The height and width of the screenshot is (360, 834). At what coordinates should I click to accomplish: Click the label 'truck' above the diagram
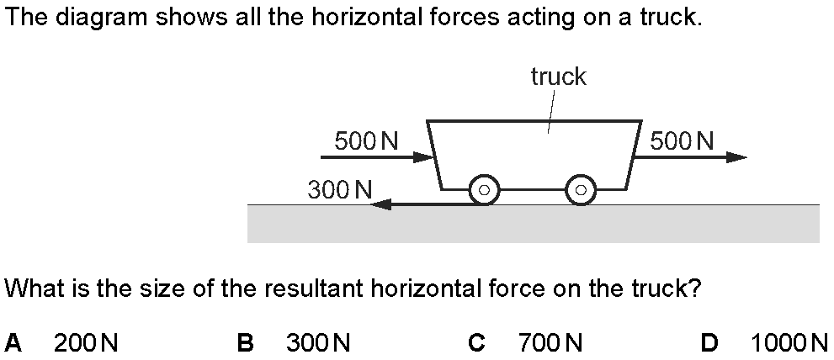click(558, 77)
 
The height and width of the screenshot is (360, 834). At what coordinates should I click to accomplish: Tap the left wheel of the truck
click(484, 190)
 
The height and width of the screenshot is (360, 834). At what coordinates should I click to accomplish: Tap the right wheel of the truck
click(580, 190)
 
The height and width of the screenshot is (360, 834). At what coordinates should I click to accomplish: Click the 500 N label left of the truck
click(366, 140)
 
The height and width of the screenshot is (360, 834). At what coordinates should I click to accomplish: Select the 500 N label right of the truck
click(682, 140)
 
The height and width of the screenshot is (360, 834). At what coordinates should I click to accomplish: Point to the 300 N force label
click(340, 189)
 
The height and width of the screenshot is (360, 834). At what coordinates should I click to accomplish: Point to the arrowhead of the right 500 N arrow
click(736, 157)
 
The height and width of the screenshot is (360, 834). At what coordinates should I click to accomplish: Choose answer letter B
click(245, 342)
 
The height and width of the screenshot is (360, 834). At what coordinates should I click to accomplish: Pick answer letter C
click(476, 342)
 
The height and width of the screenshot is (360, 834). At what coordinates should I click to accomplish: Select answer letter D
click(709, 342)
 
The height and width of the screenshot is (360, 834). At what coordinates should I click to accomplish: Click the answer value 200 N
click(86, 342)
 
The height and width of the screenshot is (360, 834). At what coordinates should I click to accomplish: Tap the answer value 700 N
click(550, 342)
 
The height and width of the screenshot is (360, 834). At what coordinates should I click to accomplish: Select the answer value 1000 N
click(789, 342)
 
